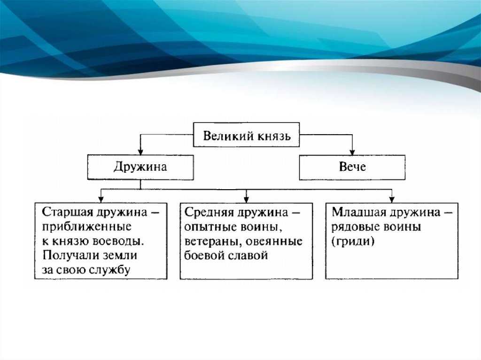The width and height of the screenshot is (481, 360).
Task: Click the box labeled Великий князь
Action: pos(247,136)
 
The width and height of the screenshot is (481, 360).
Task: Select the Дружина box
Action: pos(140,168)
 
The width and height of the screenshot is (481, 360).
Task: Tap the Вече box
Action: pos(352,168)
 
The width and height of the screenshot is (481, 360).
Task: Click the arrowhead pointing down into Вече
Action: pos(352,151)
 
